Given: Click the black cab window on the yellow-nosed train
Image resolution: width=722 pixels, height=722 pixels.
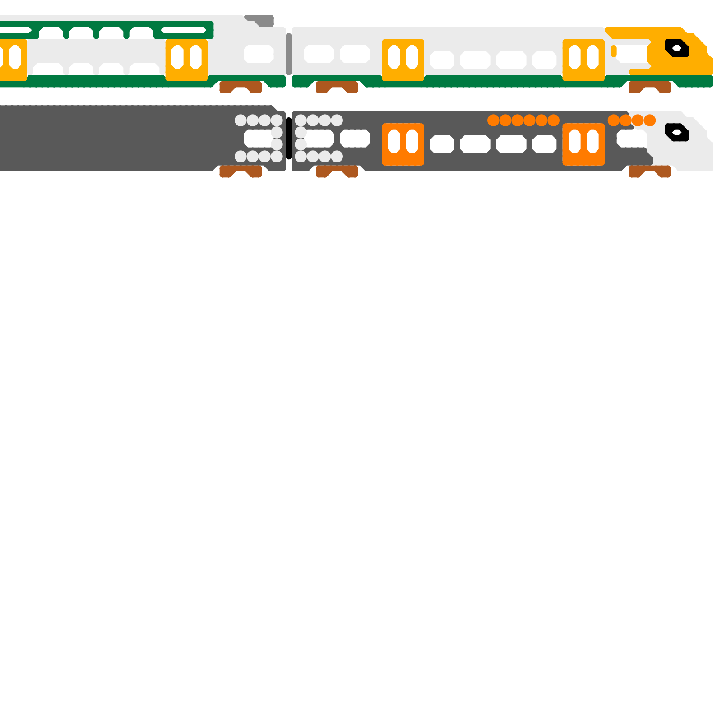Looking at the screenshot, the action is pos(676,48).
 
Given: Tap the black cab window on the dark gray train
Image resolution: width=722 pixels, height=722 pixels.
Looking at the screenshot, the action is pos(676,132).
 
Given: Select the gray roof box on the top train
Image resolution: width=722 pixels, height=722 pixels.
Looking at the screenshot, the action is pos(262,21).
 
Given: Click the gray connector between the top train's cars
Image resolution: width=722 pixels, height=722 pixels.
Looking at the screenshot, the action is pos(289,54).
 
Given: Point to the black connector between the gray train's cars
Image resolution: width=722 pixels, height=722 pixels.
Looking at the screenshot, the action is pos(289,138).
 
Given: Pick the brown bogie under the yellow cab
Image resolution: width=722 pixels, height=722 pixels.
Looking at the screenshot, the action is pos(649,87).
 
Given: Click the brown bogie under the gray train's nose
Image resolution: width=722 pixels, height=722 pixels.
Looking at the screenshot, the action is pos(649,171).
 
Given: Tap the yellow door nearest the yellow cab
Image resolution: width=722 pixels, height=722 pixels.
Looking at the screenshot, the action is pos(583,60).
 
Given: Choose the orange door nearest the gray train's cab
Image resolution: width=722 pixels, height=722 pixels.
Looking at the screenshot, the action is pos(583,144).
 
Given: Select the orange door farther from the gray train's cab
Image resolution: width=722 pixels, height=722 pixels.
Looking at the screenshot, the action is pos(403,144).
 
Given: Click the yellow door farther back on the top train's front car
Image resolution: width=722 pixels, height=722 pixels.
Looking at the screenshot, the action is pos(403,60).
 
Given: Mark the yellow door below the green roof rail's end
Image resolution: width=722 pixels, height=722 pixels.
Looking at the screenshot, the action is pos(186,60).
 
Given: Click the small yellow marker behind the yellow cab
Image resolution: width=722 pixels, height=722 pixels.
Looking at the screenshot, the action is pos(614,51).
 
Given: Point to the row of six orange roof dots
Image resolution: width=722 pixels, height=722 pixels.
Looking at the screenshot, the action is pos(523,120).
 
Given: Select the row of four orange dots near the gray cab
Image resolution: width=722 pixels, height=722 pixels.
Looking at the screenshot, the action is pos(632,120).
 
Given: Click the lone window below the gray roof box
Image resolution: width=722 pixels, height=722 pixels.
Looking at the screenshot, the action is pos(259,54).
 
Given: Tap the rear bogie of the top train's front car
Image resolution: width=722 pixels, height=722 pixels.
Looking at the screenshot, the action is pos(337,87).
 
